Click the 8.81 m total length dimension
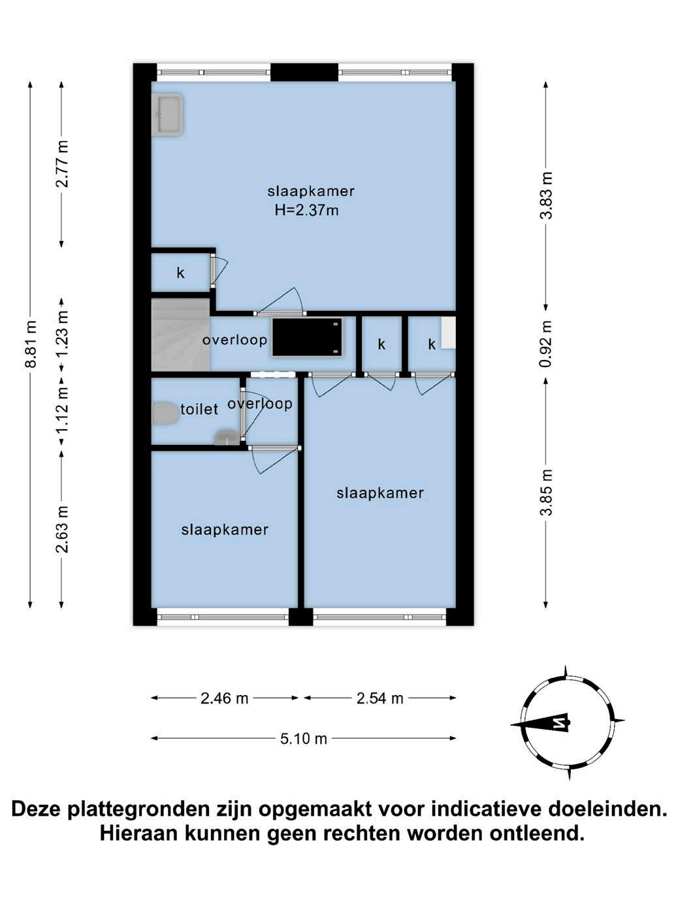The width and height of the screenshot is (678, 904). tap(30, 344)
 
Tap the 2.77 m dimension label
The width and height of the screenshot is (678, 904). tap(62, 164)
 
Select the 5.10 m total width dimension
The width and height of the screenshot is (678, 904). tap(303, 739)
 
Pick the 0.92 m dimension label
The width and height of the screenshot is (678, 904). tap(546, 344)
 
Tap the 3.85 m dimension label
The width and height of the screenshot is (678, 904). tap(546, 492)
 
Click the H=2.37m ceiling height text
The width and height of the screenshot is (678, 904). tap(307, 210)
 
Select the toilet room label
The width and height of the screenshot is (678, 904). tap(199, 409)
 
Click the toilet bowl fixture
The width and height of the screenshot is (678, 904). tap(165, 413)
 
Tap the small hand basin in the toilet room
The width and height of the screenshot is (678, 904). tap(227, 438)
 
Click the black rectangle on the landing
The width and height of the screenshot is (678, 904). tap(307, 337)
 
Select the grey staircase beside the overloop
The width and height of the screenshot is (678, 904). tap(181, 335)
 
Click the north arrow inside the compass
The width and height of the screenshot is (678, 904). tap(540, 723)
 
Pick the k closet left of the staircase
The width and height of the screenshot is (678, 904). tap(181, 272)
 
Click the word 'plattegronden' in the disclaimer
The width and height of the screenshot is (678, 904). tap(138, 809)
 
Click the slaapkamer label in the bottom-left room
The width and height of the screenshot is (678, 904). tap(225, 530)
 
